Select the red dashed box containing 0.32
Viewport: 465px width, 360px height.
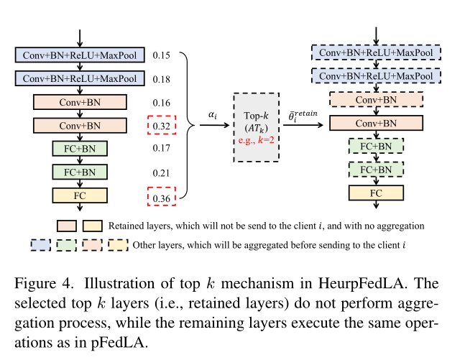coord(161,126)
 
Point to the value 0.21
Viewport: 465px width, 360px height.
coord(160,172)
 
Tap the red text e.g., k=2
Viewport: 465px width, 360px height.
coord(257,140)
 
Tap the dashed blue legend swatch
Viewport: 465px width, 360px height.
coord(43,245)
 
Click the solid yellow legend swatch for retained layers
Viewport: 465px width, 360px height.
coord(93,226)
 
